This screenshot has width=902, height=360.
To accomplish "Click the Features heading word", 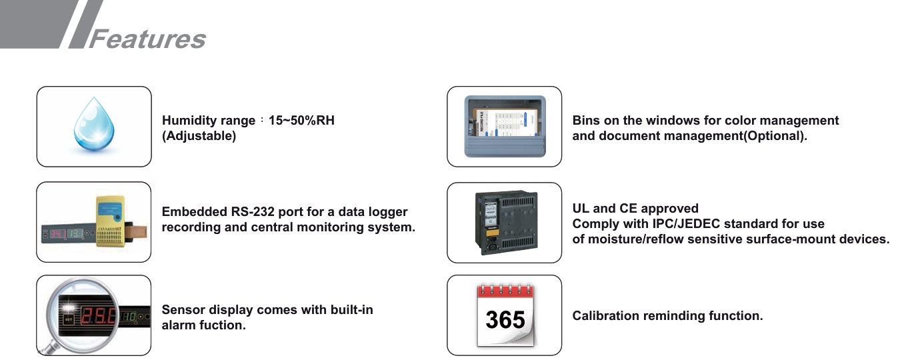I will tap(147, 38).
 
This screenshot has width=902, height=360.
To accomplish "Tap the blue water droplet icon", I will tap(93, 126).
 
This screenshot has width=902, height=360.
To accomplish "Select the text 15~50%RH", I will tap(301, 121).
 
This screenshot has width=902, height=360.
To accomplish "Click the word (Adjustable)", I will tap(199, 136).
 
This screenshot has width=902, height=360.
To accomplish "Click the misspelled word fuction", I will tap(223, 325).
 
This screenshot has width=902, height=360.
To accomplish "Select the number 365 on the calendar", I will tap(505, 320).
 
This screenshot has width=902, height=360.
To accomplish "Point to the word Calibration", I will tap(604, 316).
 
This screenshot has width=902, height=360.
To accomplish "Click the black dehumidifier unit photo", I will tap(505, 222).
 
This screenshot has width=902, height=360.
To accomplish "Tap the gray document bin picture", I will tap(505, 126).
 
